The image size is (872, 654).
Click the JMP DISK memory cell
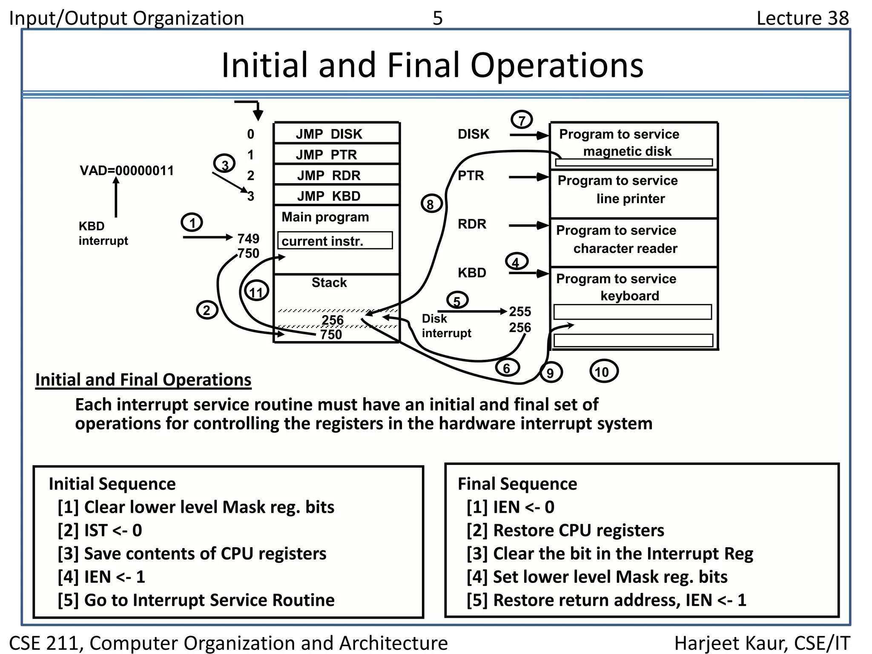click(x=336, y=134)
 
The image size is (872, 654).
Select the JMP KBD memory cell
click(x=336, y=196)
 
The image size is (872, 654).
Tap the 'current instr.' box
click(x=335, y=241)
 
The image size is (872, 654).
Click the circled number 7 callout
click(x=522, y=120)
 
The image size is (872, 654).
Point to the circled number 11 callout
click(x=257, y=291)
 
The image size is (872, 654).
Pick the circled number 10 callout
click(x=603, y=371)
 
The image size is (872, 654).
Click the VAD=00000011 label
click(x=126, y=171)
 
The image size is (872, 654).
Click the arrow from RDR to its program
click(x=528, y=225)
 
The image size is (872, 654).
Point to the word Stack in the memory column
click(x=329, y=282)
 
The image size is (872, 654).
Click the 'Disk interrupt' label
click(x=445, y=326)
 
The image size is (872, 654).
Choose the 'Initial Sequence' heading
click(x=112, y=484)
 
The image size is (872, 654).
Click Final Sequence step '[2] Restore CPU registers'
click(x=565, y=531)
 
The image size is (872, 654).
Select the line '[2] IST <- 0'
click(x=100, y=531)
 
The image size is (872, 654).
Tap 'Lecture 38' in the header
click(x=802, y=18)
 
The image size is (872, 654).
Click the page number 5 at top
click(x=438, y=18)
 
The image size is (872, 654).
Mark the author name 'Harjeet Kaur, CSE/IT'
click(x=762, y=643)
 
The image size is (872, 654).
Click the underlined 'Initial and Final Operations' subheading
click(x=143, y=379)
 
